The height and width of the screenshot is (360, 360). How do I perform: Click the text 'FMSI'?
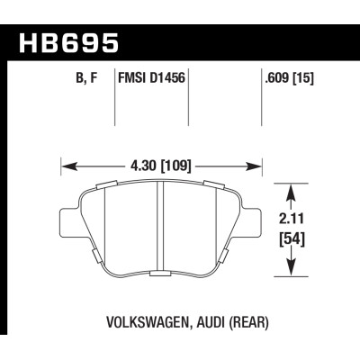pos(134,79)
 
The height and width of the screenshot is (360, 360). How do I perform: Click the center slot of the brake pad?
pos(159,229)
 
